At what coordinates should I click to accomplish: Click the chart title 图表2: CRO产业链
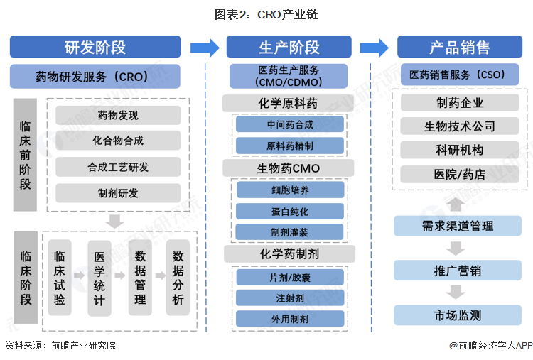(266, 14)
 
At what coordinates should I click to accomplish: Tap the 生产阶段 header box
(289, 47)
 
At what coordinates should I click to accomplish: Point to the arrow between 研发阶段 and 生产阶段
(205, 48)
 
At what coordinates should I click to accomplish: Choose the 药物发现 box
(118, 115)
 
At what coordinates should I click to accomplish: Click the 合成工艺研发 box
(118, 167)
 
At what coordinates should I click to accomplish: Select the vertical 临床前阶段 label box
(25, 154)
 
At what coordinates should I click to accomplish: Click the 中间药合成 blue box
(289, 124)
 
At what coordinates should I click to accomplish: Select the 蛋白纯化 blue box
(289, 211)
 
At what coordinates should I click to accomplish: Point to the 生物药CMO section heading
(289, 168)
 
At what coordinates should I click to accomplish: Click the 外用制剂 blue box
(289, 319)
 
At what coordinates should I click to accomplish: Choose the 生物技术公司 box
(459, 126)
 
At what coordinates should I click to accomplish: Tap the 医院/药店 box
(459, 174)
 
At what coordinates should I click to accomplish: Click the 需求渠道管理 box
(458, 227)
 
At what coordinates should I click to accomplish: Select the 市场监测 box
(458, 315)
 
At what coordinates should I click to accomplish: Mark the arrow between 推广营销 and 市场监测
(458, 293)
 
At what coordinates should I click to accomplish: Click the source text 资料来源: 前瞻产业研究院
(60, 346)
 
